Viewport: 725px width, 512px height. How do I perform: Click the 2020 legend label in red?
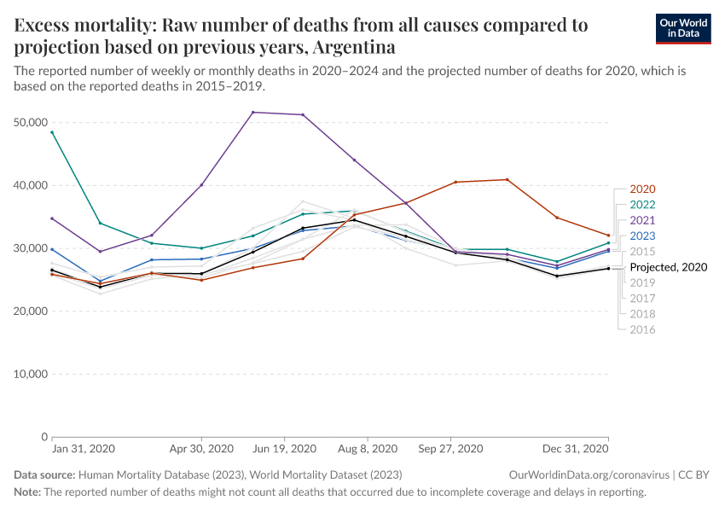click(641, 189)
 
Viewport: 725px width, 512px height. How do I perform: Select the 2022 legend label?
click(641, 204)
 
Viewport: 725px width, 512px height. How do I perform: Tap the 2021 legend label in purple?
click(641, 220)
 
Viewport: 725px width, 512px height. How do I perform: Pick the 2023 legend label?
click(641, 236)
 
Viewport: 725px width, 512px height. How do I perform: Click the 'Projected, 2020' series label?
click(668, 267)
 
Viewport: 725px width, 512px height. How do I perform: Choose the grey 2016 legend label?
click(641, 329)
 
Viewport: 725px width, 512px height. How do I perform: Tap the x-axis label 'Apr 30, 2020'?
click(201, 449)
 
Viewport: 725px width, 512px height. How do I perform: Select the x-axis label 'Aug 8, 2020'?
click(368, 449)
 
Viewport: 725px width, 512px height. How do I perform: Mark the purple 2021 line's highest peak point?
click(252, 113)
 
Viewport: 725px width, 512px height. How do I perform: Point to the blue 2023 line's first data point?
click(52, 249)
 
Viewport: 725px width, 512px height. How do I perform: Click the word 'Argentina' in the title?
click(352, 46)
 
